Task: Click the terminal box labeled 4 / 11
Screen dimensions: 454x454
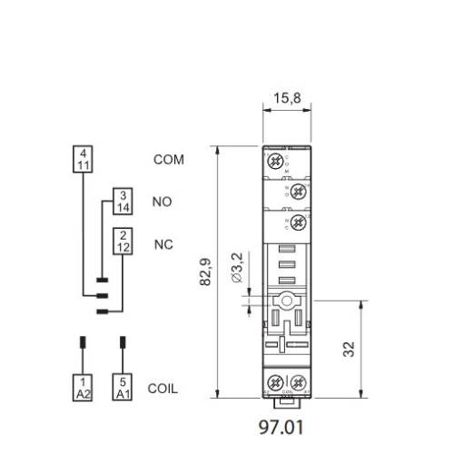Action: click(83, 159)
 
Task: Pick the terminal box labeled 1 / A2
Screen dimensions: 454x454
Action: click(83, 388)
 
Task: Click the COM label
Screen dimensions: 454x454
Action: click(168, 160)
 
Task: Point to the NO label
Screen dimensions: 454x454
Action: click(162, 202)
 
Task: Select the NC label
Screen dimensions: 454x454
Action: click(163, 243)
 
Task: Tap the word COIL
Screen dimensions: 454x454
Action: click(163, 389)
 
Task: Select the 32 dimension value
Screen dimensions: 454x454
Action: click(350, 350)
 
